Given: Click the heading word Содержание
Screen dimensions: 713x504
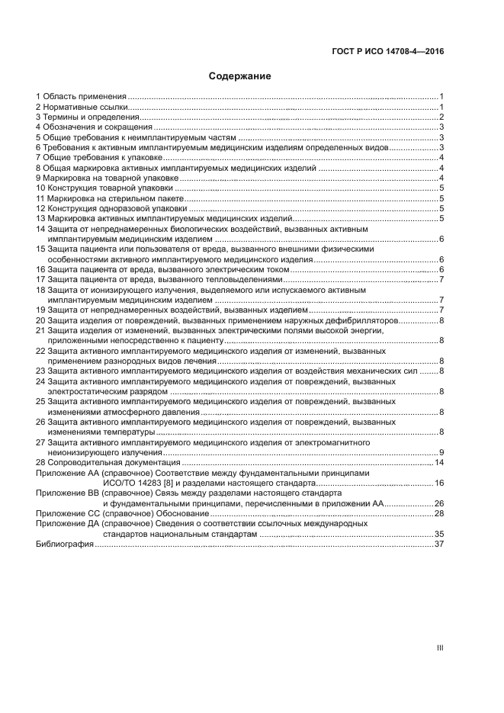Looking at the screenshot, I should (240, 76).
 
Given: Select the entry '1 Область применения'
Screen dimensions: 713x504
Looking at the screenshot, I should (82, 97).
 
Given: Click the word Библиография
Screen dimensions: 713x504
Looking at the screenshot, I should (64, 544).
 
